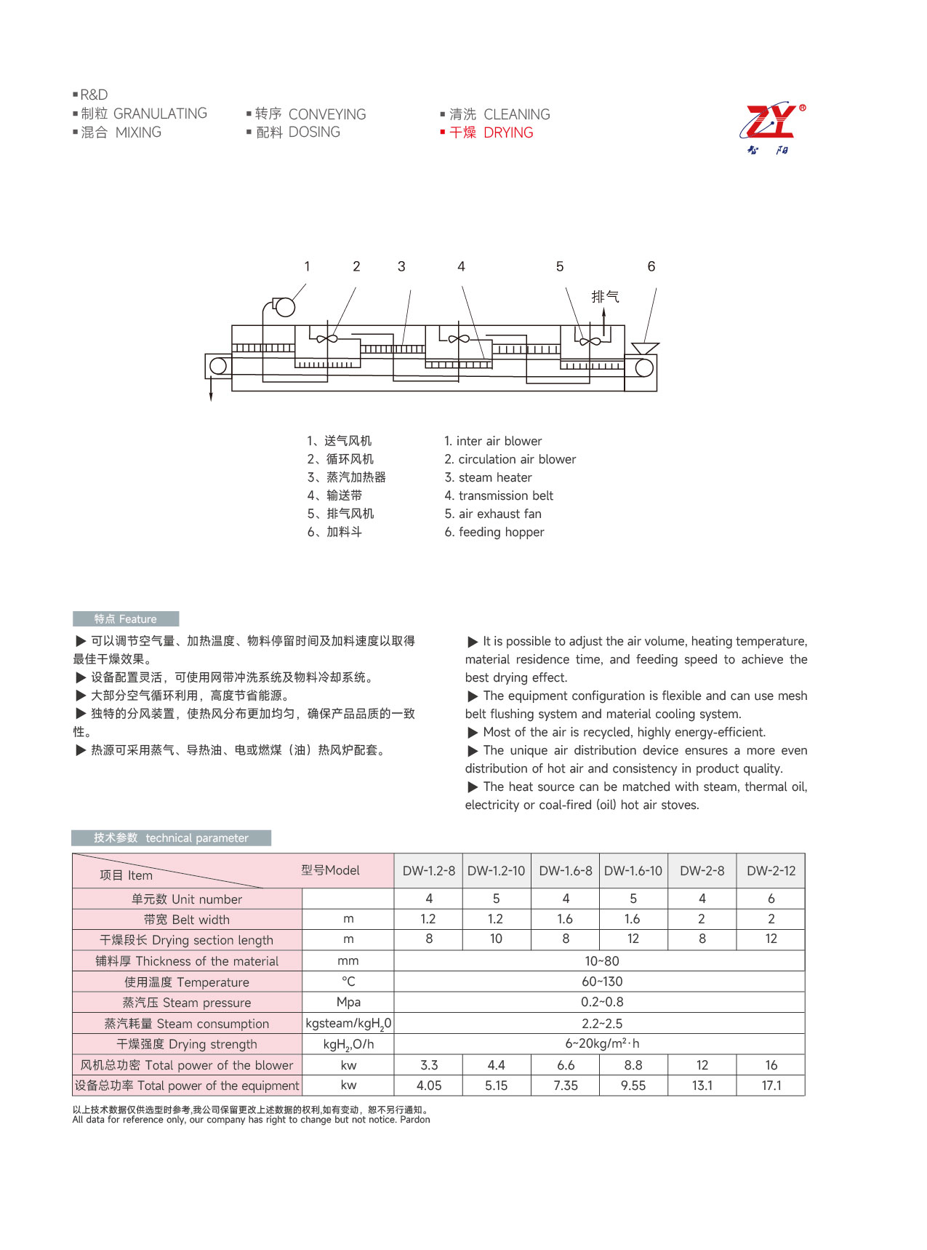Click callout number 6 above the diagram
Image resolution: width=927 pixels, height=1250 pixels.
click(651, 266)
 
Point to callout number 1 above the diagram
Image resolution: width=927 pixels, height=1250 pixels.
click(307, 266)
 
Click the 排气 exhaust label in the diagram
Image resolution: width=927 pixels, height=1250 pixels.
click(605, 296)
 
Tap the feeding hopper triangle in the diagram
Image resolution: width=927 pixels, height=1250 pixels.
click(645, 349)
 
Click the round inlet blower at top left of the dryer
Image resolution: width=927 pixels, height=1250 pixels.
click(284, 307)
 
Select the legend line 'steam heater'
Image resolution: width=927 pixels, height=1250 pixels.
click(488, 477)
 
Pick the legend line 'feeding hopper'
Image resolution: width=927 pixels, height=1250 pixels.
click(494, 532)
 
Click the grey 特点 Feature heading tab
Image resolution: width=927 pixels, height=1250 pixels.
click(125, 618)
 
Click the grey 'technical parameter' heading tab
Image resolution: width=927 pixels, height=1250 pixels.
click(172, 837)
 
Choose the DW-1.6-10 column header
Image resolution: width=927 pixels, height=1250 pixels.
click(633, 871)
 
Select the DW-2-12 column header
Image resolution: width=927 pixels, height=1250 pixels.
click(771, 871)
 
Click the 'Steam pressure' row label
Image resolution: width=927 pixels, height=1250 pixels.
click(187, 1003)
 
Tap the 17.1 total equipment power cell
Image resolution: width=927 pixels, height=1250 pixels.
click(771, 1086)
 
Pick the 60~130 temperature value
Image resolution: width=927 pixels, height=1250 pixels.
click(602, 982)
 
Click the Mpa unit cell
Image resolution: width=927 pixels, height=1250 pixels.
click(348, 1002)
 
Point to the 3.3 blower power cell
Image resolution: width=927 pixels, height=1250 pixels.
click(429, 1065)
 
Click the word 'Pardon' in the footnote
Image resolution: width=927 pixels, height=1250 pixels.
click(414, 1120)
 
